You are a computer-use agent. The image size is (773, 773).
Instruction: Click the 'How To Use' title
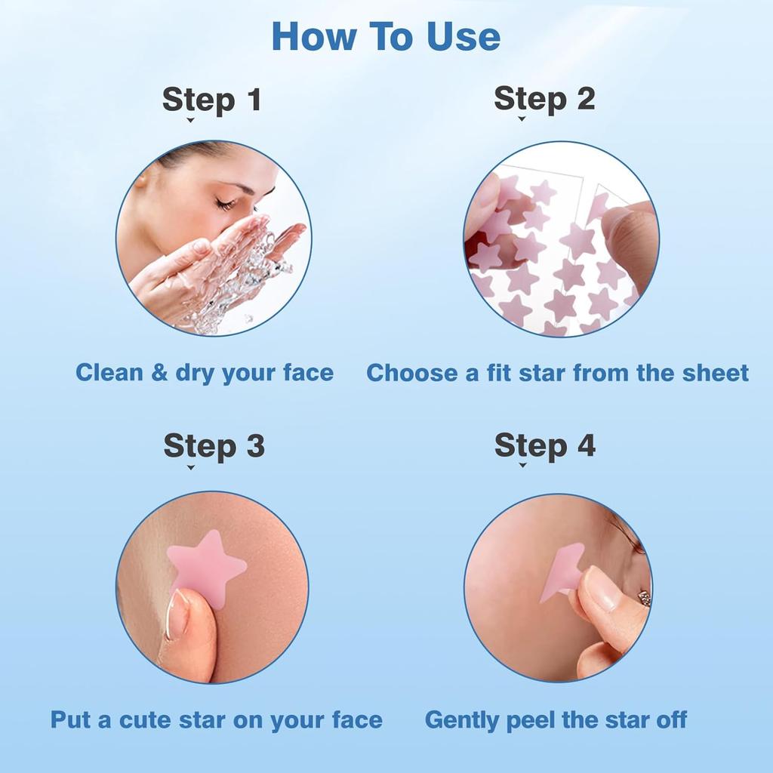[386, 36]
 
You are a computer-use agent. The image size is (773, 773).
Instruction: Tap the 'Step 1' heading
[211, 100]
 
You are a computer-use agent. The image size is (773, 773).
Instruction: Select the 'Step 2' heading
[544, 99]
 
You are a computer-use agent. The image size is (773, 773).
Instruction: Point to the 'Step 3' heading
[214, 446]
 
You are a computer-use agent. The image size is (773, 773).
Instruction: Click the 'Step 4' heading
[545, 445]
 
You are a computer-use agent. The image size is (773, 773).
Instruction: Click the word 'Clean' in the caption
[109, 373]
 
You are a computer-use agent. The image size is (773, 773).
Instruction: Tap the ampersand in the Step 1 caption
[159, 373]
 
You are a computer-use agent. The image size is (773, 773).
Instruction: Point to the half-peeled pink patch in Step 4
[559, 574]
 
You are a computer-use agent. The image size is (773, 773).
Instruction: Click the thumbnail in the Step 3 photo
[177, 614]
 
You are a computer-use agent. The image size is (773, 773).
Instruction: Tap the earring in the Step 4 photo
[644, 598]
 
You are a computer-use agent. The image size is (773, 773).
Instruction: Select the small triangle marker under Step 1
[190, 120]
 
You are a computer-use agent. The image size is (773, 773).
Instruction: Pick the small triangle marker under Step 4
[522, 466]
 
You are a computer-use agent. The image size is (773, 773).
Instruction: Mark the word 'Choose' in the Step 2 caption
[411, 373]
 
